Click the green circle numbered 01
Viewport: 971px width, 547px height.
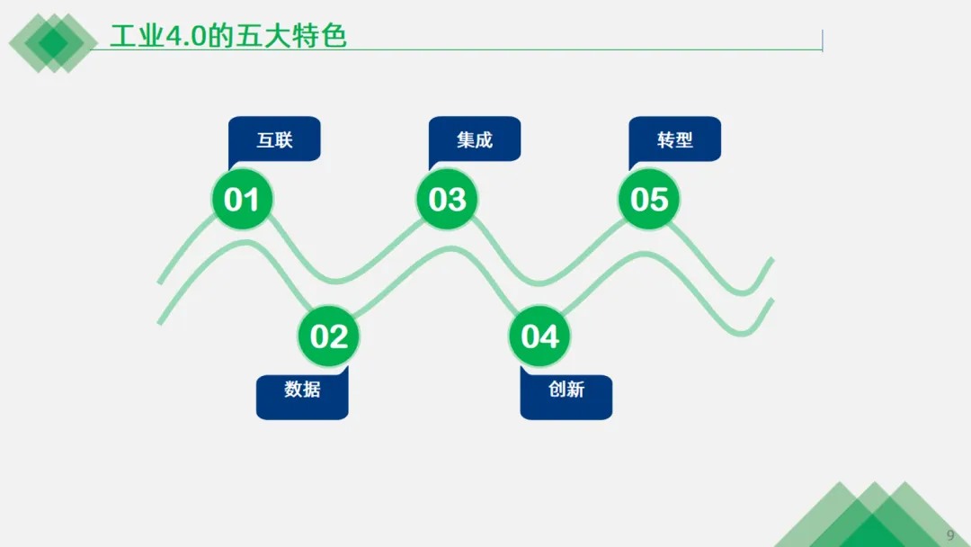click(241, 199)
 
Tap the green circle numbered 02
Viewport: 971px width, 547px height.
click(329, 336)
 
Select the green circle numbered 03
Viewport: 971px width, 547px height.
click(447, 199)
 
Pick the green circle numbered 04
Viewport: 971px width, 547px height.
click(539, 336)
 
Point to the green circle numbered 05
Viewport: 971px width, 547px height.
click(649, 199)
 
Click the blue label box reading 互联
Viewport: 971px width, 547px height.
click(274, 139)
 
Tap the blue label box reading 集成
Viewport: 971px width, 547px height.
click(475, 139)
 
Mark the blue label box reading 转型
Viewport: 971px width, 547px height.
click(675, 139)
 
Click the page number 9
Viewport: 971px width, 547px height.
click(950, 534)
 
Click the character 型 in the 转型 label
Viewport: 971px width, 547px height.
click(685, 139)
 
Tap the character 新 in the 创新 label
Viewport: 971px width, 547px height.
click(576, 390)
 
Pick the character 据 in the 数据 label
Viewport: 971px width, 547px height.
click(312, 390)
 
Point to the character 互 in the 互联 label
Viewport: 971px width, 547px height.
click(265, 139)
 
